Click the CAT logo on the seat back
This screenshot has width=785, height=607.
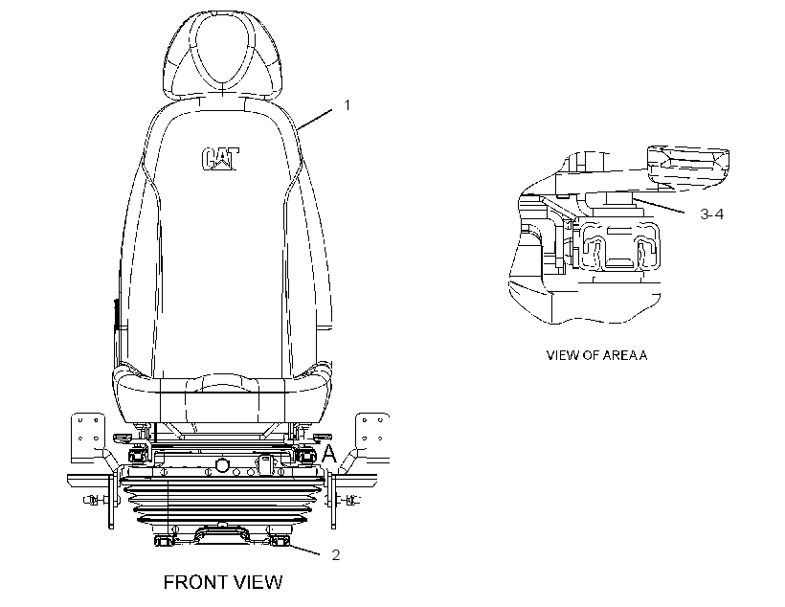point(220,159)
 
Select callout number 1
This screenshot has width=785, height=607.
point(347,105)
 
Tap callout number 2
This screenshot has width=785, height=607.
point(335,555)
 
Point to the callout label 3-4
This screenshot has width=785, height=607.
point(711,214)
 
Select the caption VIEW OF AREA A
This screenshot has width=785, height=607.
point(596,355)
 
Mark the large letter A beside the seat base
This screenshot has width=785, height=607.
point(329,453)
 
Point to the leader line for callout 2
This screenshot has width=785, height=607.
point(303,550)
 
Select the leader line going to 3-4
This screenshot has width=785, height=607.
point(660,206)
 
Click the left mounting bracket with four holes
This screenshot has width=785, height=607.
point(88,437)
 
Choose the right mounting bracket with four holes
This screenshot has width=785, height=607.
point(372,437)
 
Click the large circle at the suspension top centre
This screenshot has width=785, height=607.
point(222,464)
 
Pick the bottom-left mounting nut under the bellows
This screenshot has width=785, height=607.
point(163,540)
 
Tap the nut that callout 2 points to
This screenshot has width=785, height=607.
point(279,540)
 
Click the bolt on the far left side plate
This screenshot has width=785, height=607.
point(93,500)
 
